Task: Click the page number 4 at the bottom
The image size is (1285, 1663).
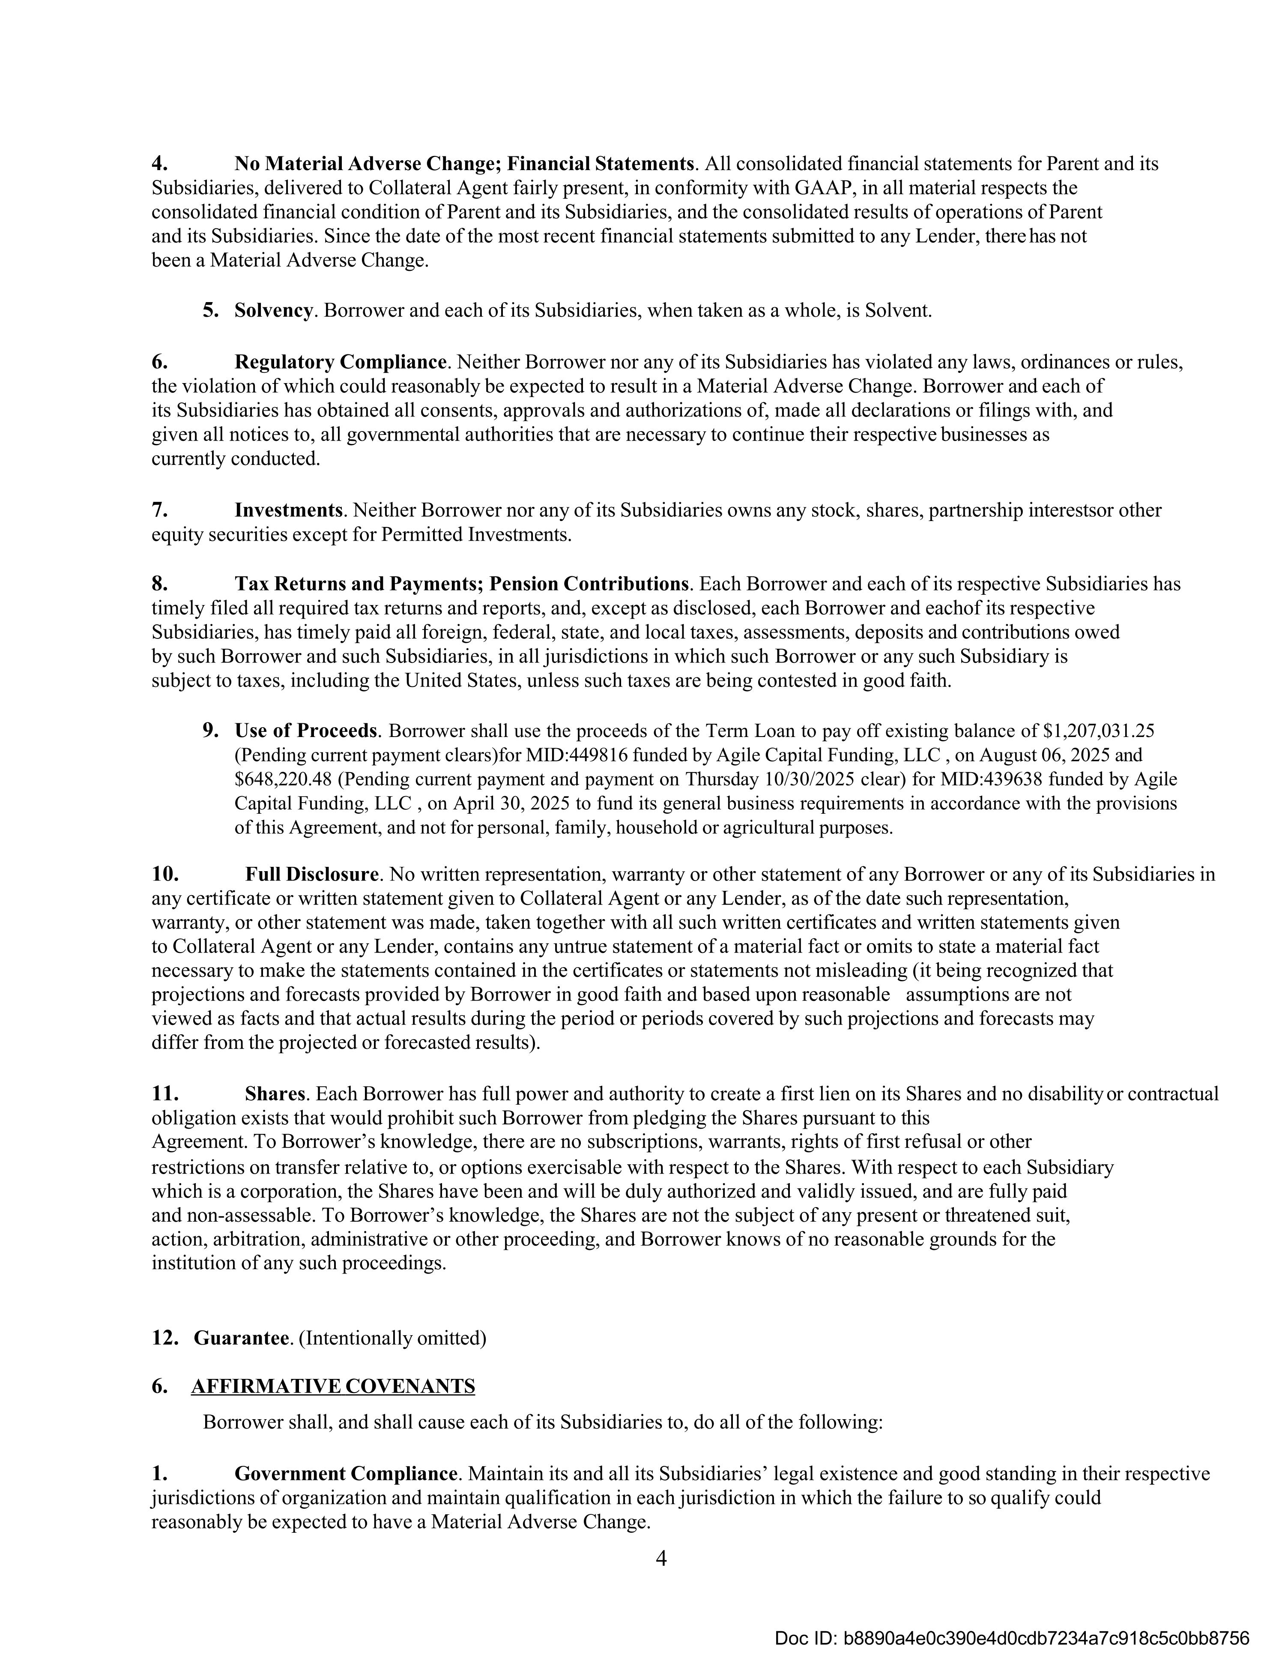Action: [x=661, y=1559]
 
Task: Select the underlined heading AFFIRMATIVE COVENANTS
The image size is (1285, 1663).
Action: [x=333, y=1386]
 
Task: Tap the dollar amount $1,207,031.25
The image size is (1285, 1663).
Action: [x=1099, y=731]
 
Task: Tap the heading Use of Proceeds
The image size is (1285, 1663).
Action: [x=305, y=731]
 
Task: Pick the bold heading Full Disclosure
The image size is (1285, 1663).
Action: [x=311, y=874]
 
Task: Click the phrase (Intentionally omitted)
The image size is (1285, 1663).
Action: [x=392, y=1338]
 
